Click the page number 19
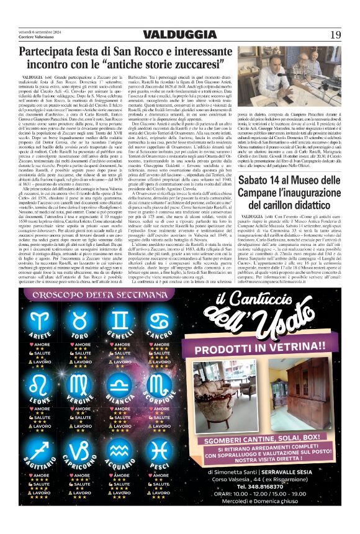point(335,34)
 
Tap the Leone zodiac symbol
point(42,381)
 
